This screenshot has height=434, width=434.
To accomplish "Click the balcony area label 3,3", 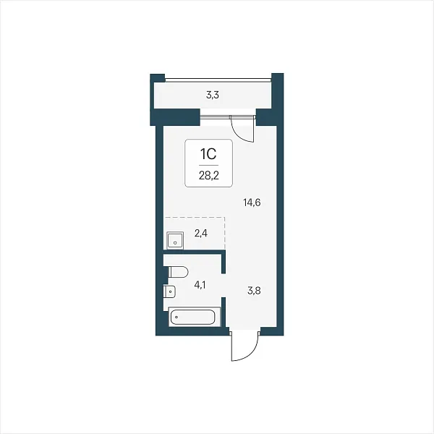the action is (x=213, y=95).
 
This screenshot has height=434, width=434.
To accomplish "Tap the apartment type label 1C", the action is (x=208, y=154).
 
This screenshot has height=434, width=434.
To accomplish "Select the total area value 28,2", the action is (x=209, y=176).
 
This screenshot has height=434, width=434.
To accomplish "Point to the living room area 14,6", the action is (x=252, y=203).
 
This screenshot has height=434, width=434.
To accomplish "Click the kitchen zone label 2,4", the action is (x=201, y=234).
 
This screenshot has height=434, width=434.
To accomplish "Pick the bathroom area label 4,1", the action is (x=200, y=285).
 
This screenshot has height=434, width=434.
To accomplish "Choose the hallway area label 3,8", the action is (x=254, y=291).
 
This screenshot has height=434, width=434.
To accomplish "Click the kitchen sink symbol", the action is (x=175, y=240).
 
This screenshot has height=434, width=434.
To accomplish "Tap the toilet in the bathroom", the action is (x=178, y=272).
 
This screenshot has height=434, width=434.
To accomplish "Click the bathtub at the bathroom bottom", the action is (x=195, y=317).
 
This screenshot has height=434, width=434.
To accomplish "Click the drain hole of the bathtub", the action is (x=176, y=317).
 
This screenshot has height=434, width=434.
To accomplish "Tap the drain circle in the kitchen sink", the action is (x=175, y=243).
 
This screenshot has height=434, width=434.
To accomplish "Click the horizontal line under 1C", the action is (x=208, y=165).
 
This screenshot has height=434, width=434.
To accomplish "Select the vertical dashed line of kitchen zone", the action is (x=224, y=233).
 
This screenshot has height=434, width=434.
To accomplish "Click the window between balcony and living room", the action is (x=228, y=116).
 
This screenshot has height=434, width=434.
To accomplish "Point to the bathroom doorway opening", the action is (x=224, y=286).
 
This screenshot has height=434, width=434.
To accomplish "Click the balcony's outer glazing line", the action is (x=218, y=80).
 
